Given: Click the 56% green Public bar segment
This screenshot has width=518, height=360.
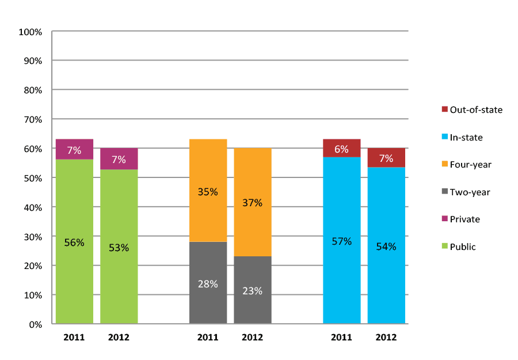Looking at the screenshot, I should point(74,242).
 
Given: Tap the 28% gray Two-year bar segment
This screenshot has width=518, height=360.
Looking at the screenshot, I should point(208,283).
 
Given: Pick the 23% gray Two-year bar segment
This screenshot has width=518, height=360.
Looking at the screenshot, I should point(252,290).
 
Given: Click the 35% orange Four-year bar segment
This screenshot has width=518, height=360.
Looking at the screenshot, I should point(208,191).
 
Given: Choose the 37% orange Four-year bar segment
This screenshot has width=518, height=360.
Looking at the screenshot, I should point(252,202).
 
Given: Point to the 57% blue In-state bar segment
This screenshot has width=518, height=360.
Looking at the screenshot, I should point(341,241).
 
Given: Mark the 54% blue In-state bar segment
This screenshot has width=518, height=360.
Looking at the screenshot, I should point(386,246).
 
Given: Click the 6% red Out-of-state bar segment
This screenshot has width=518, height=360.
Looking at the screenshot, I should point(341,148).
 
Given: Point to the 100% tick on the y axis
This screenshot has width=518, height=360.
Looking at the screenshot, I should point(31,32).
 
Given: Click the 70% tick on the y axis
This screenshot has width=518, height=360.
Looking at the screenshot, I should point(32,120).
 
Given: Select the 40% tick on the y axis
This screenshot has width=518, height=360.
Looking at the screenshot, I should point(32,207).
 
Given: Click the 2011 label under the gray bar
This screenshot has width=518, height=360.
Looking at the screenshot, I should point(208,338).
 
